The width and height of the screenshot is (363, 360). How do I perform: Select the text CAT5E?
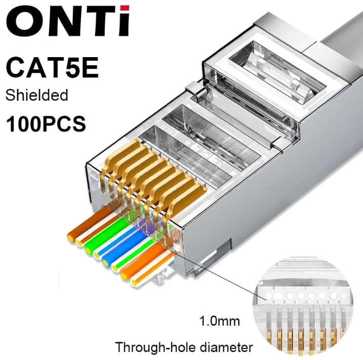click(53, 69)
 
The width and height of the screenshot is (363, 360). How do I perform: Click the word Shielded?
click(36, 95)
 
